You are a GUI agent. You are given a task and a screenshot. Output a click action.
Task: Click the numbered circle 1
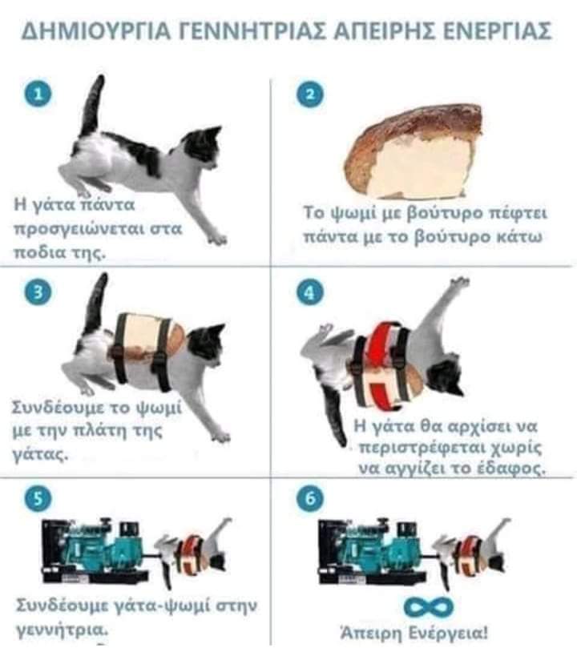[38, 94]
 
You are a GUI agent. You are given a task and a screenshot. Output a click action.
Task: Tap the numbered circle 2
[310, 94]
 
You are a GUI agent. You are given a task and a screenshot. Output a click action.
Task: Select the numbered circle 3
[38, 292]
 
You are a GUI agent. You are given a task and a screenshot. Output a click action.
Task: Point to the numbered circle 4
[310, 292]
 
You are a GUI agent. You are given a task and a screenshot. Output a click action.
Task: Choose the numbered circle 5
[38, 499]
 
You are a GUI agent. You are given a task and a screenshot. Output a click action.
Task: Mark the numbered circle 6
[310, 499]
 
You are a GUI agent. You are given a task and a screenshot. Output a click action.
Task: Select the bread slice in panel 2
[414, 152]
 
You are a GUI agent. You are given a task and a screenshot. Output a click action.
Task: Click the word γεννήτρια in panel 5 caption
[62, 630]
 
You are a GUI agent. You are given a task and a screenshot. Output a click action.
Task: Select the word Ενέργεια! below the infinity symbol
[449, 633]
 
